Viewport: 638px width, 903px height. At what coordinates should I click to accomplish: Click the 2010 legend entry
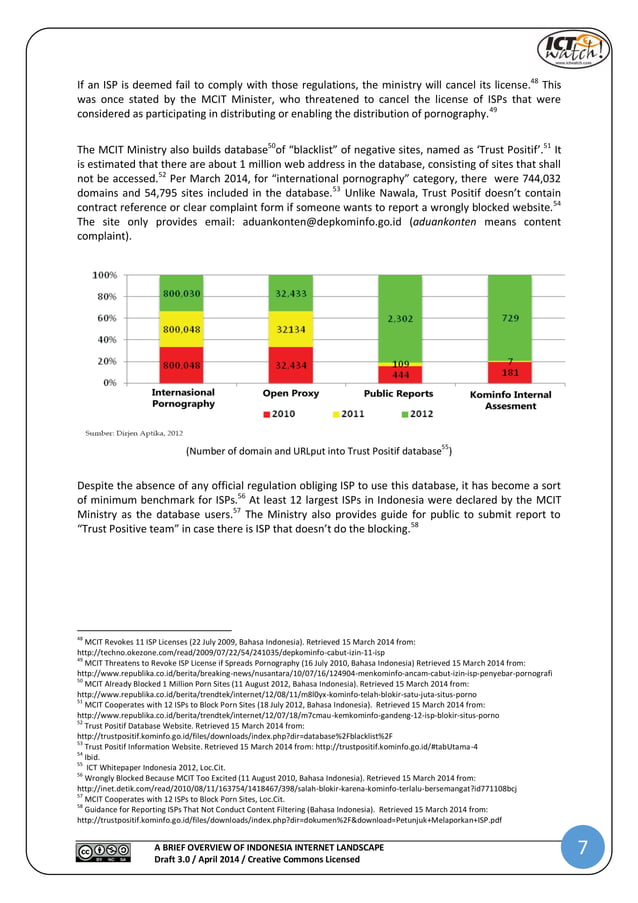[282, 412]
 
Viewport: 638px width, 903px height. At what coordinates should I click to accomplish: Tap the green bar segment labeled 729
[510, 317]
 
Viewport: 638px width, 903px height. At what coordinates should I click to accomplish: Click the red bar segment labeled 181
[510, 372]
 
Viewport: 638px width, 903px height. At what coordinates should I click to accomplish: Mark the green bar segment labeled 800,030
[182, 292]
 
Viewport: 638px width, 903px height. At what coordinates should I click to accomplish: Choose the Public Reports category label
[398, 394]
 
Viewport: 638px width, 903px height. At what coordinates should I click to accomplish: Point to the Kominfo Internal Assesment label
[510, 400]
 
